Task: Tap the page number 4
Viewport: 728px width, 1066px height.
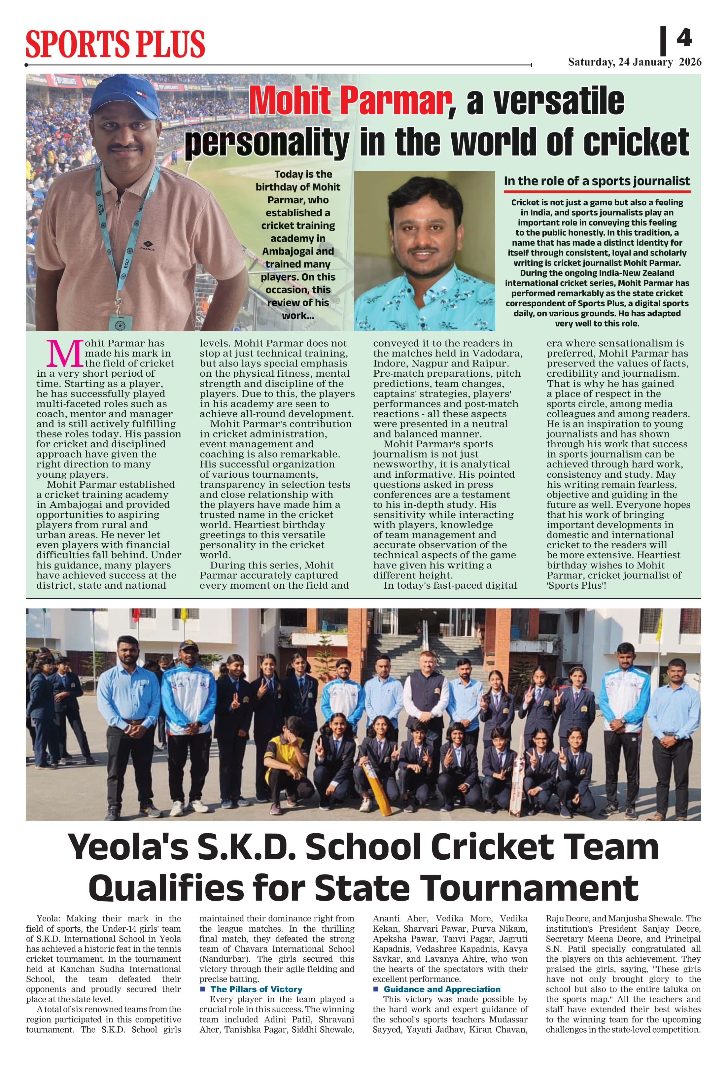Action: point(684,38)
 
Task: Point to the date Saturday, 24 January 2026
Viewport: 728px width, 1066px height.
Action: point(635,62)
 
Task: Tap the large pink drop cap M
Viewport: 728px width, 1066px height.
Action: point(65,354)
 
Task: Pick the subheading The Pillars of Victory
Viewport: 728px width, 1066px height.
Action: point(256,989)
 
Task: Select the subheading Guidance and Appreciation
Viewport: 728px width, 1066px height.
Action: point(442,989)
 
